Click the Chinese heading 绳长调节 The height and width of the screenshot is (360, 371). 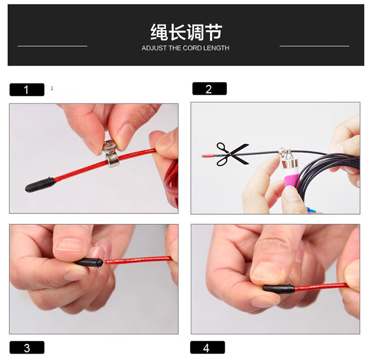[x=186, y=32]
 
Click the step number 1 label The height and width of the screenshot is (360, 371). [x=27, y=90]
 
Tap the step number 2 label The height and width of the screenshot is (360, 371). [x=209, y=89]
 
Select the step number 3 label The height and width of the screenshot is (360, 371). [x=27, y=348]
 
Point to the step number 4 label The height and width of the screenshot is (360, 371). [x=207, y=348]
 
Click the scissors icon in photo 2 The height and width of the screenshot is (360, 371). [x=232, y=154]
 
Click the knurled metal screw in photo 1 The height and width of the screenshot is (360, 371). [x=110, y=147]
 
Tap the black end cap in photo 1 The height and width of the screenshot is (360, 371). [x=40, y=185]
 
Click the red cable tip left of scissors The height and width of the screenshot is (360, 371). [x=207, y=155]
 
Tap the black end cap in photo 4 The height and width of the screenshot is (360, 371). [x=278, y=289]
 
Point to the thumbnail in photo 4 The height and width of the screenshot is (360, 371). [x=266, y=270]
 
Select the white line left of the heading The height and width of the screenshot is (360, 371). [x=52, y=46]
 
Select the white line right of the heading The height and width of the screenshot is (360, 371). [x=314, y=46]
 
